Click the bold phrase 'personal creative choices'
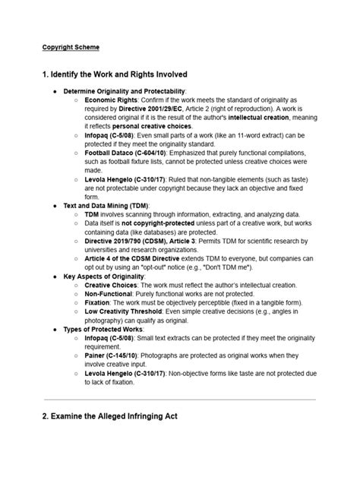154,126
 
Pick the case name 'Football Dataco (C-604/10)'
130,153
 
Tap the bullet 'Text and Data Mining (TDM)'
106,206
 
